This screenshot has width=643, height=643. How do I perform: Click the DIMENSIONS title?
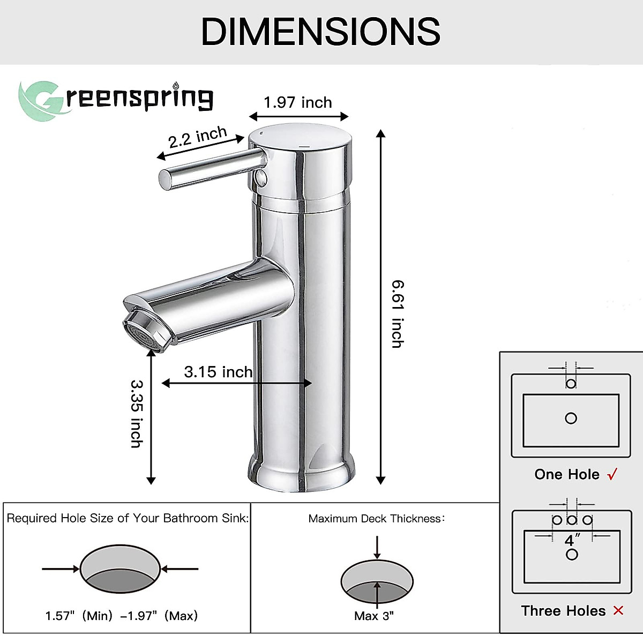(320, 32)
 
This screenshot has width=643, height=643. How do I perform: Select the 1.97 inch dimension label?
(298, 102)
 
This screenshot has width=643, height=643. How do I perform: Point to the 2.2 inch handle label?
(198, 137)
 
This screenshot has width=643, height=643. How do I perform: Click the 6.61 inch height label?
(397, 314)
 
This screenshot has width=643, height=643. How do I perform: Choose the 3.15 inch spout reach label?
(218, 372)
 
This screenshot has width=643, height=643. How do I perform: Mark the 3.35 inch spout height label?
(137, 414)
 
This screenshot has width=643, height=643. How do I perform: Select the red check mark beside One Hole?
(612, 474)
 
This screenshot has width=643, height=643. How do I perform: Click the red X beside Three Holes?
(618, 610)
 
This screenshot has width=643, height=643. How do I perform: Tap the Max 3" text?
(374, 616)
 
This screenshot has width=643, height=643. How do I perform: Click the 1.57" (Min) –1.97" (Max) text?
(122, 616)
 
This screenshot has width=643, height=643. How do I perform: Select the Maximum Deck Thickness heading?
(377, 518)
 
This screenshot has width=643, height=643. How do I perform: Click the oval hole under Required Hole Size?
(120, 569)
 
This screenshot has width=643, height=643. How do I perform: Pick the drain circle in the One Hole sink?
(571, 418)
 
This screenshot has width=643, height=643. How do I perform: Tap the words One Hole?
(567, 474)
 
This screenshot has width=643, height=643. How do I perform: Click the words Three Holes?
(563, 611)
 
